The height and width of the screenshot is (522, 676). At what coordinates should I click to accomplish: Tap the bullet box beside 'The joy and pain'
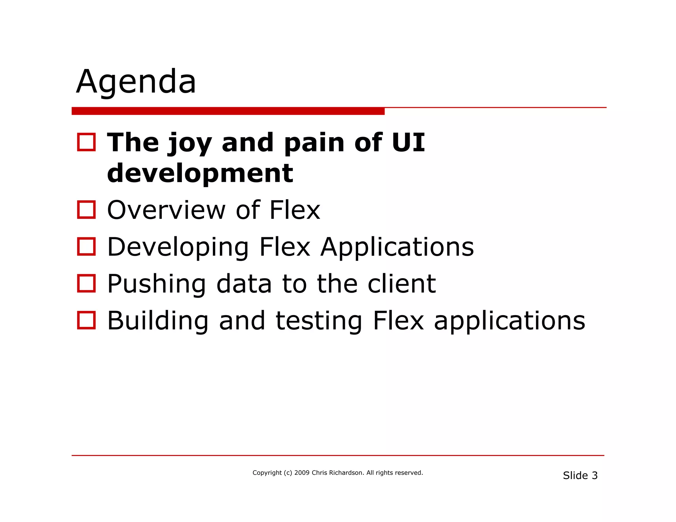tap(86, 142)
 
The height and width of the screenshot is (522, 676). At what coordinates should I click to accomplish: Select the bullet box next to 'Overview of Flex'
tap(86, 210)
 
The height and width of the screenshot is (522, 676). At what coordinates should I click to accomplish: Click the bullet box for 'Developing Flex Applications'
tap(86, 246)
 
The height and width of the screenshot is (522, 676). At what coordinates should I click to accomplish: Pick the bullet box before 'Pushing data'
tap(86, 283)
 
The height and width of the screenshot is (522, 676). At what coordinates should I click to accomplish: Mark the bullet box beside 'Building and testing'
tap(86, 320)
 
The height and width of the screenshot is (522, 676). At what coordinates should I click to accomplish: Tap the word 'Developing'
tap(178, 247)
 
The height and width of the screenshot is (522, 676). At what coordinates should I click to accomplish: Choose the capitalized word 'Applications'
tap(397, 247)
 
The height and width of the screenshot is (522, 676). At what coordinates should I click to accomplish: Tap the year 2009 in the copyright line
tap(302, 473)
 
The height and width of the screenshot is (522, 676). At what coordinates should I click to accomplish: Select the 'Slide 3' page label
tap(580, 475)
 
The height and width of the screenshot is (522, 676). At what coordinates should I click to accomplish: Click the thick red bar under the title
tap(228, 111)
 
